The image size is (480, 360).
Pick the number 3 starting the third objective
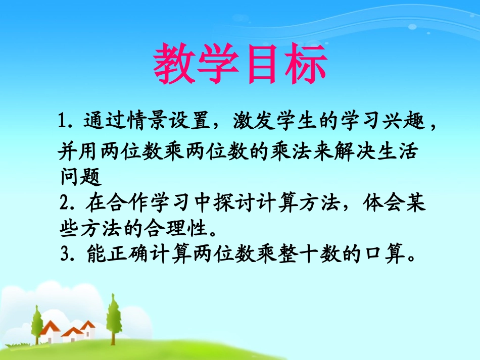point(64,256)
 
